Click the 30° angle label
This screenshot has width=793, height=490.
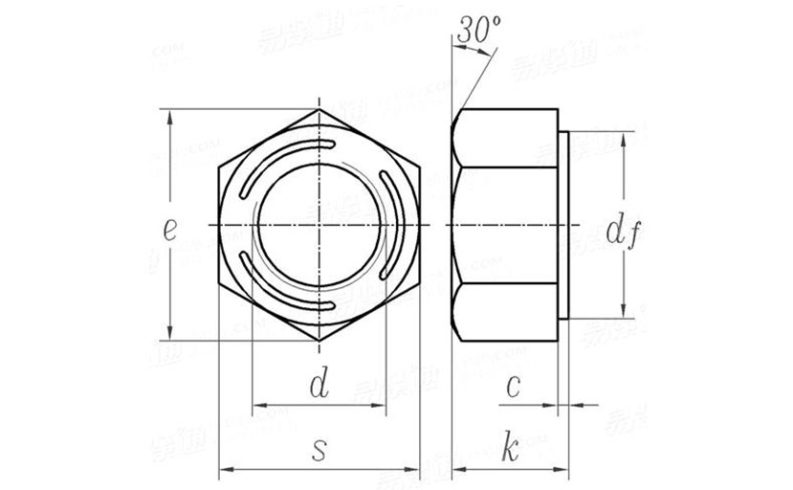pyautogui.click(x=480, y=30)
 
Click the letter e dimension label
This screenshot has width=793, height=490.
pyautogui.click(x=169, y=230)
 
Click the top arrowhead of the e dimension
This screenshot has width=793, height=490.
pyautogui.click(x=170, y=117)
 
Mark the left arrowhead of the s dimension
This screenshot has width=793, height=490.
pyautogui.click(x=226, y=470)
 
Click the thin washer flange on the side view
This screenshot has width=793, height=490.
pyautogui.click(x=565, y=225)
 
